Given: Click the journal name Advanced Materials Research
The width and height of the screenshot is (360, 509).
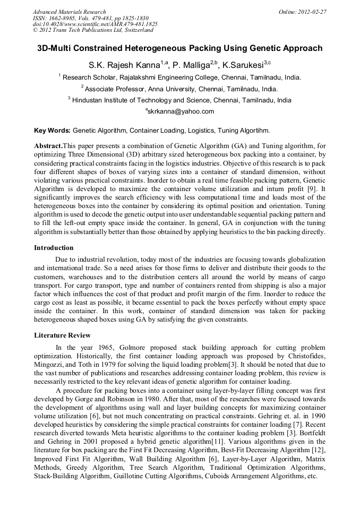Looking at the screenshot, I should point(69,12).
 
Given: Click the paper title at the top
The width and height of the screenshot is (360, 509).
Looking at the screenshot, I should point(179,48).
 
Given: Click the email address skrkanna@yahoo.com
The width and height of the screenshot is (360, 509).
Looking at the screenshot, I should point(180,111).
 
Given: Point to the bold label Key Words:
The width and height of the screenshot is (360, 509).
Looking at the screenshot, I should point(52,130).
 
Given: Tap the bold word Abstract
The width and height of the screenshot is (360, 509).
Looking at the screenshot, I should point(48,145).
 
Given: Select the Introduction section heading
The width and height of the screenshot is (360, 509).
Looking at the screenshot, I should point(54,247).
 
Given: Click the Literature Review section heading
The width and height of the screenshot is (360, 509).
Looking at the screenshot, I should point(62,335).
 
